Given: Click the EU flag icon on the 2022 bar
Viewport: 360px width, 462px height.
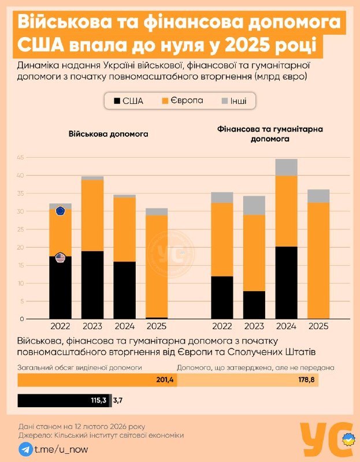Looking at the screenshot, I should coord(60,211).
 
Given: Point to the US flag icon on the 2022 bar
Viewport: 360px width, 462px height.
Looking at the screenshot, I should coord(60,258).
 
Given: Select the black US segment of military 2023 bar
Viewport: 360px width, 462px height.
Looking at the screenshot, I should coord(92,285).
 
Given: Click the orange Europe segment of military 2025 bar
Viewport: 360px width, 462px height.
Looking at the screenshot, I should coord(156,266).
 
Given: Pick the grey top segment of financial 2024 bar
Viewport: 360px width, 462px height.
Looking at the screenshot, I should coord(286,167).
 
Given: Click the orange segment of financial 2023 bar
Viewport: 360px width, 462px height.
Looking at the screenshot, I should coord(254,252).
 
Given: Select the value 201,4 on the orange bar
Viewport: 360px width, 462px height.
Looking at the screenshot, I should coord(165,380).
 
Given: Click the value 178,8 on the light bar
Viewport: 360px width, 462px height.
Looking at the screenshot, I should coord(306,380).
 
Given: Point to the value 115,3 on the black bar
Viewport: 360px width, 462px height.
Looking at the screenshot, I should coord(101,400).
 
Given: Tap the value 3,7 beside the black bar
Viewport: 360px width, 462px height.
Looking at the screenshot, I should coord(118,400).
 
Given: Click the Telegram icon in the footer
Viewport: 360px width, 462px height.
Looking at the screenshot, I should coord(25,449).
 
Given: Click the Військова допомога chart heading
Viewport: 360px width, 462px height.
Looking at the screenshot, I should coord(109,133).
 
